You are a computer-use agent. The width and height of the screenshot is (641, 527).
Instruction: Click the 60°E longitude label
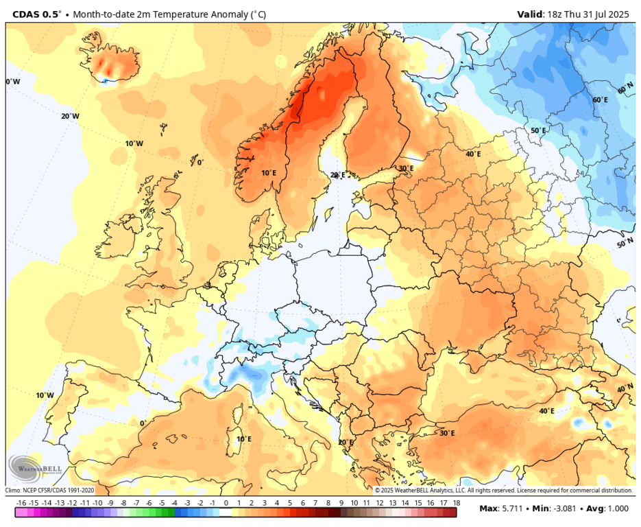pyautogui.click(x=600, y=99)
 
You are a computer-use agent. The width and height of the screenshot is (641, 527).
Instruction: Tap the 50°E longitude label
pyautogui.click(x=539, y=130)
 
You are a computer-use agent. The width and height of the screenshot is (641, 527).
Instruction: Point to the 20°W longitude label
pyautogui.click(x=70, y=116)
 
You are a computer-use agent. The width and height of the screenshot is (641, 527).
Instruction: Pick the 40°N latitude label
pyautogui.click(x=625, y=388)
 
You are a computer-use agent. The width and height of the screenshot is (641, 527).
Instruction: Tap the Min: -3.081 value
pyautogui.click(x=557, y=508)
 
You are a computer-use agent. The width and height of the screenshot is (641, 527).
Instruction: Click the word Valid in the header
pyautogui.click(x=529, y=14)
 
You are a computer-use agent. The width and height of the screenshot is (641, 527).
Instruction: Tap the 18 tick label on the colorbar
pyautogui.click(x=456, y=503)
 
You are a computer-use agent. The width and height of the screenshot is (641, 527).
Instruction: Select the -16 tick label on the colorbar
pyautogui.click(x=21, y=503)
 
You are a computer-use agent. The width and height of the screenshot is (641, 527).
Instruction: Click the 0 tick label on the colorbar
pyautogui.click(x=226, y=503)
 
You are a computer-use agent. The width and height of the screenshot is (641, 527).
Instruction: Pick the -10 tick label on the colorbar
pyautogui.click(x=98, y=503)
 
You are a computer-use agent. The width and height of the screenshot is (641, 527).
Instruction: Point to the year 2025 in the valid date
pyautogui.click(x=618, y=14)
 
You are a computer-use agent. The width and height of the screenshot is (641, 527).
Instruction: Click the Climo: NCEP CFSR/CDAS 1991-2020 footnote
pyautogui.click(x=50, y=490)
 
